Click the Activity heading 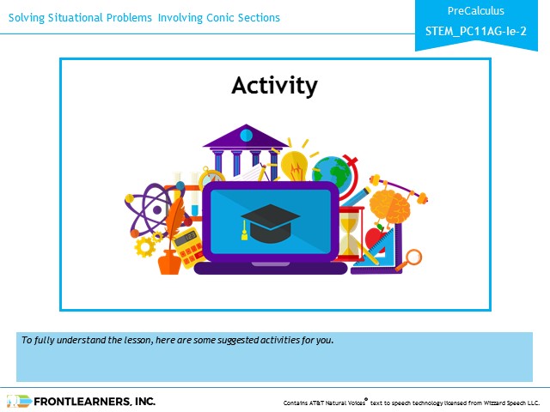click(275, 86)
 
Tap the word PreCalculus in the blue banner click(475, 11)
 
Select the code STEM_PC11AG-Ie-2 click(475, 31)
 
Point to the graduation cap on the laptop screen click(270, 223)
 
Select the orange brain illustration click(389, 207)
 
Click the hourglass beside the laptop click(350, 233)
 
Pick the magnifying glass click(411, 259)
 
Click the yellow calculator click(188, 247)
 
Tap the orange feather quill click(174, 219)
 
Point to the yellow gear click(144, 246)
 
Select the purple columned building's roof click(246, 136)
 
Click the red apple click(376, 239)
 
